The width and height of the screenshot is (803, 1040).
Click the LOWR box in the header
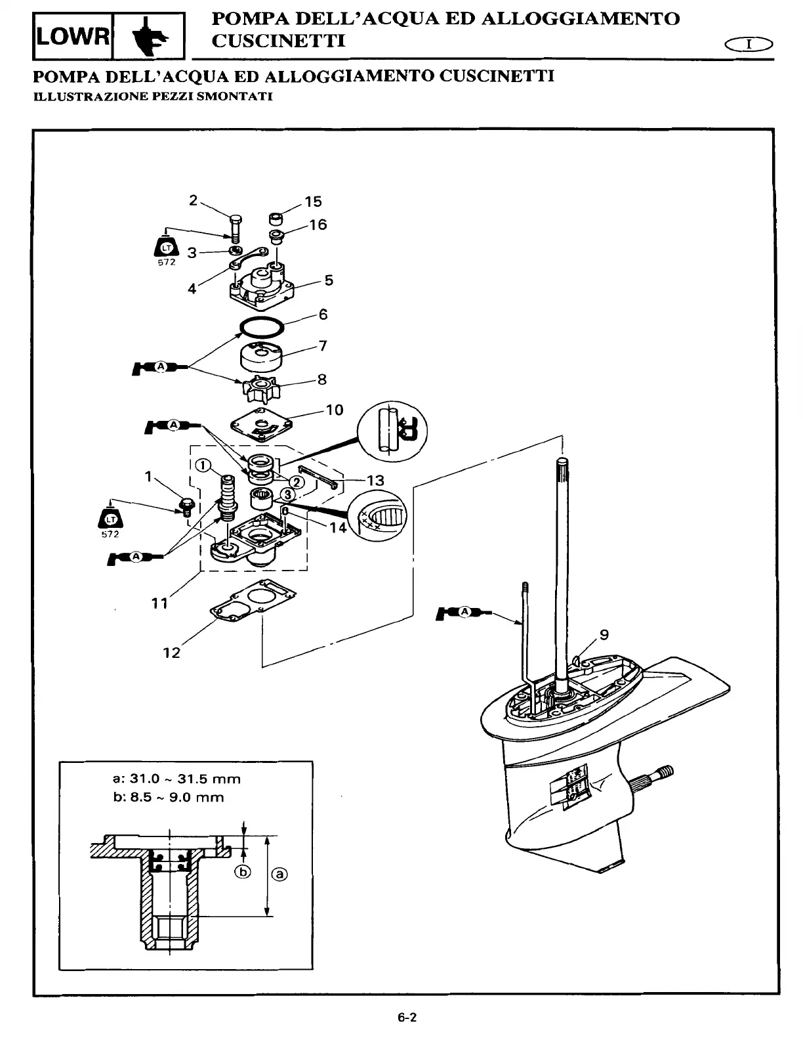pos(73,35)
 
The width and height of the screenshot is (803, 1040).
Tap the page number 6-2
pos(407,1018)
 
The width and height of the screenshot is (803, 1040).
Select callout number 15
pos(314,202)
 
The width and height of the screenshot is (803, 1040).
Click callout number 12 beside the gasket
pos(171,653)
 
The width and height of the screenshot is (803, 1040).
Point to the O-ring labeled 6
pos(261,325)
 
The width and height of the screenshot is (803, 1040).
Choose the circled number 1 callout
pos(203,466)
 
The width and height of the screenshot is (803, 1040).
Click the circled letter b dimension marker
pos(243,872)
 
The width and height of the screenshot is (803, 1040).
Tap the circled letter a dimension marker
pos(279,874)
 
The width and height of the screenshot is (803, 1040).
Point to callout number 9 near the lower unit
pos(604,634)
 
